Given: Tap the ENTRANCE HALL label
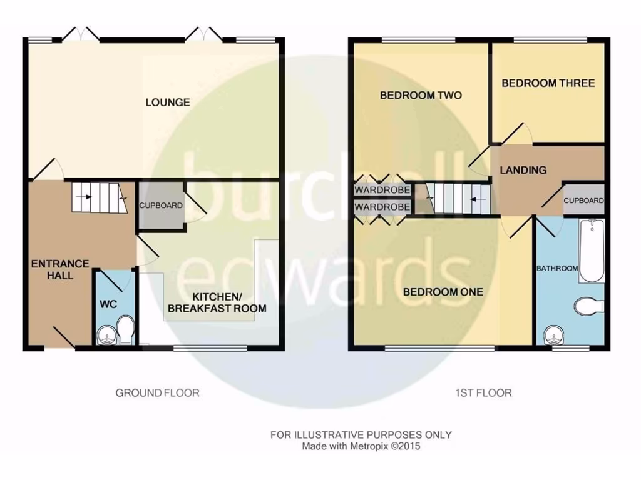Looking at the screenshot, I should point(60,269).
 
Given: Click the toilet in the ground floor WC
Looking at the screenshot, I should point(126,329).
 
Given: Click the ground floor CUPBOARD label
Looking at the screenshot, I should point(160,206).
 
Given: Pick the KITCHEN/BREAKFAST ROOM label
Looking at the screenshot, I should point(216,302).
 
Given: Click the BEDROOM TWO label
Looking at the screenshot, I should point(421,95).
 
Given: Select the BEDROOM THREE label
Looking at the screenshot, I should point(548,82).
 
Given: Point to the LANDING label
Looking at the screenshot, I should point(523,169).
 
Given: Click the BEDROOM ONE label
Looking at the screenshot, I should point(443,292).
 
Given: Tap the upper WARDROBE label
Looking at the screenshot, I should point(382,190).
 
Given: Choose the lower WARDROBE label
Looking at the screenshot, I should point(382,207).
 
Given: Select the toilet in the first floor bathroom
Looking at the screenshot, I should point(588,306).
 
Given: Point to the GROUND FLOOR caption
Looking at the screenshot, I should point(157,393).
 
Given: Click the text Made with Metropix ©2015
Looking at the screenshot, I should point(361,446).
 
